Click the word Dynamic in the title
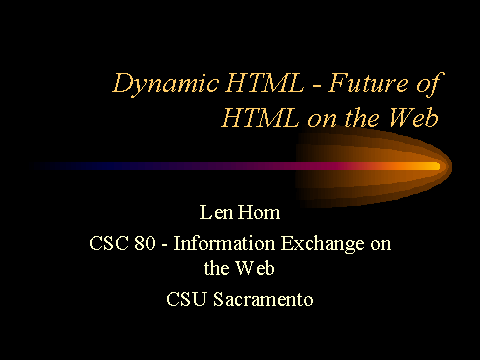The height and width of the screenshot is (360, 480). (x=156, y=84)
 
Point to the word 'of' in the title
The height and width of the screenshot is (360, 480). (x=424, y=84)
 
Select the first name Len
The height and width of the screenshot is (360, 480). (x=216, y=214)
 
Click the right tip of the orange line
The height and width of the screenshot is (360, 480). (x=437, y=165)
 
